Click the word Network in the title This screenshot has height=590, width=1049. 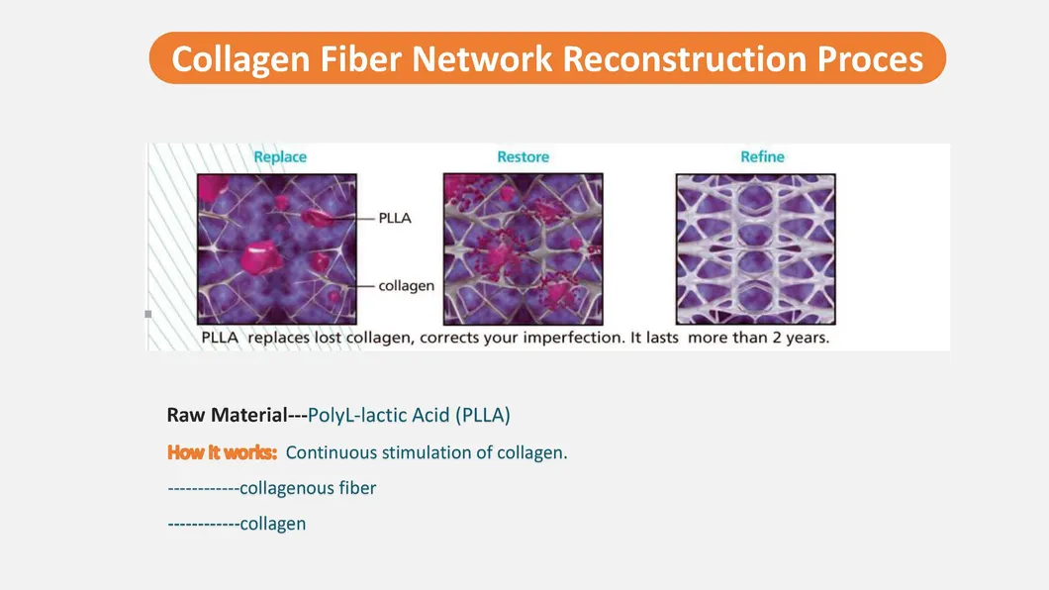(x=482, y=58)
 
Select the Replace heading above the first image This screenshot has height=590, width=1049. (x=280, y=157)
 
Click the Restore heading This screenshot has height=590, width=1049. (x=523, y=157)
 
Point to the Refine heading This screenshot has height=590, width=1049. (x=762, y=157)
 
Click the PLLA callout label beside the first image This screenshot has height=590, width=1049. (x=395, y=218)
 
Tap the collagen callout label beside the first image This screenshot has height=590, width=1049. (x=406, y=286)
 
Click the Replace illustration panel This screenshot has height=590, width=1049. (x=277, y=248)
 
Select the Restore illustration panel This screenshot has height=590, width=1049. (x=523, y=248)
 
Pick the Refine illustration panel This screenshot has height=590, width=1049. (x=755, y=248)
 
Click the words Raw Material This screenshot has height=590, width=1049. (x=227, y=416)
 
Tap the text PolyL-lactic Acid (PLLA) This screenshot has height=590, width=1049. (x=409, y=416)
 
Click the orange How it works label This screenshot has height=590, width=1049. (x=222, y=452)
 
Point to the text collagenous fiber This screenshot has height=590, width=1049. (x=308, y=488)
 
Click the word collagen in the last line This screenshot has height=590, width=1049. (x=273, y=524)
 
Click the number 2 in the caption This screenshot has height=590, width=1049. (x=777, y=338)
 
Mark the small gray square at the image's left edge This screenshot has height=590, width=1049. (x=147, y=314)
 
